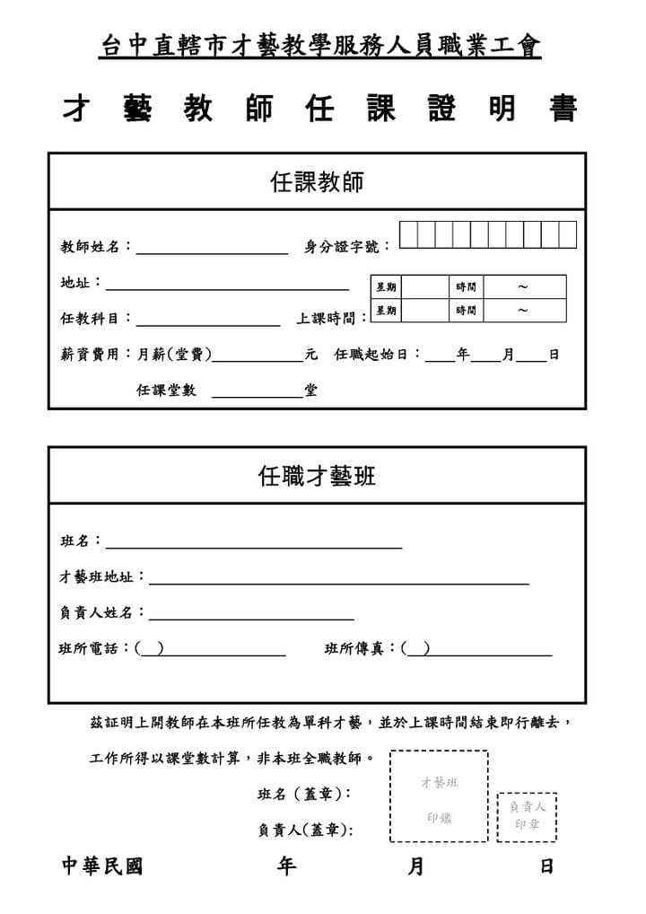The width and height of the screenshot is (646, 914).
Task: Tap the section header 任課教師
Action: pyautogui.click(x=317, y=182)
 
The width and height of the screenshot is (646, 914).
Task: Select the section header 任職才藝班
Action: pyautogui.click(x=317, y=476)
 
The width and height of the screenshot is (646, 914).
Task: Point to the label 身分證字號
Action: pyautogui.click(x=347, y=247)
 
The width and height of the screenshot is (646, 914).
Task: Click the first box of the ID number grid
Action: pyautogui.click(x=408, y=234)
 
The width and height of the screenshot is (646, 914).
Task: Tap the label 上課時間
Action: pyautogui.click(x=331, y=319)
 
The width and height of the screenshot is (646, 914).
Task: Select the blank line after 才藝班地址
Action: pyautogui.click(x=338, y=579)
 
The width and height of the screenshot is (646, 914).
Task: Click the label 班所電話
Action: pyautogui.click(x=94, y=648)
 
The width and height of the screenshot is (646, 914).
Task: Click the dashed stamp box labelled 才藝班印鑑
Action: pyautogui.click(x=439, y=796)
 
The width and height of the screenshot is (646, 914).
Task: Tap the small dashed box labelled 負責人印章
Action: pyautogui.click(x=527, y=816)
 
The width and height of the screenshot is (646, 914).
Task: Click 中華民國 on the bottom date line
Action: pyautogui.click(x=101, y=866)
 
